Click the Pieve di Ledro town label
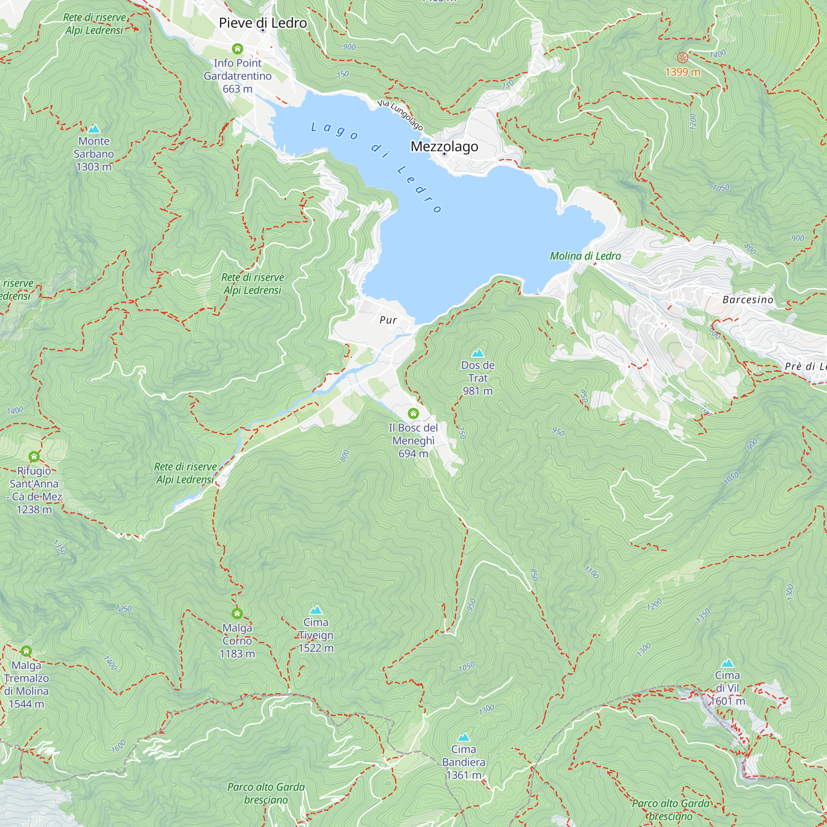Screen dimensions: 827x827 point(263,23)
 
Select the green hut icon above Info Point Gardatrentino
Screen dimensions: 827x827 point(238,48)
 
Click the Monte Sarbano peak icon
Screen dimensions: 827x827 point(94,129)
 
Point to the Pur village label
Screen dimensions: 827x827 point(388,320)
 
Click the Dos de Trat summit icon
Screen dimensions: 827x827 point(478,353)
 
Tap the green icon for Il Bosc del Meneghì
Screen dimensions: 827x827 point(413,413)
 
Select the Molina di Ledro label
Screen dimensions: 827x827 point(585,256)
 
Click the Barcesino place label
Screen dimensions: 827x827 point(748,300)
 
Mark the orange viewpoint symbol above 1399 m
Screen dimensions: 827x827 point(682,57)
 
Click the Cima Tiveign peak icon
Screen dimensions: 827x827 point(316,610)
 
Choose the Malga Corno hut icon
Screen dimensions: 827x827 point(237,613)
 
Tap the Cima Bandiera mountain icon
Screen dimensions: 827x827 point(464,737)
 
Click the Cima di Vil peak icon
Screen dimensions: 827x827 point(727,664)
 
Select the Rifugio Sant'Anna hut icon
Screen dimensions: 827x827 point(34,457)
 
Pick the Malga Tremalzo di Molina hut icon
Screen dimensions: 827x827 point(26,651)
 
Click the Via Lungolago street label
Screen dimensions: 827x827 point(400,115)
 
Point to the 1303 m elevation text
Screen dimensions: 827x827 point(94,167)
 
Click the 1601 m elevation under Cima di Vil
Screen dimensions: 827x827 point(727,701)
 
